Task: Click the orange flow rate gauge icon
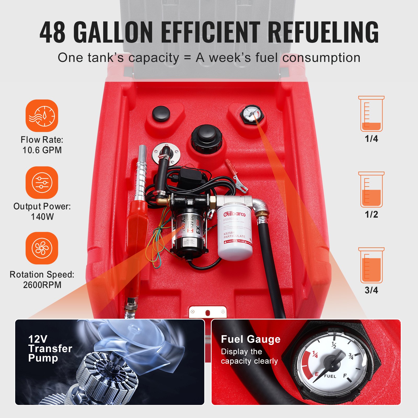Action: click(x=42, y=115)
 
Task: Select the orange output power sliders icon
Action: click(x=42, y=182)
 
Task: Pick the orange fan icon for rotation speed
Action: click(x=42, y=248)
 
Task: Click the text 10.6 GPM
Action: click(x=42, y=150)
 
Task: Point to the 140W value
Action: click(x=42, y=217)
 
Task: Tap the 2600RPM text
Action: click(x=42, y=285)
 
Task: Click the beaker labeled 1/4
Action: click(x=371, y=114)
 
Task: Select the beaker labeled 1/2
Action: click(x=371, y=190)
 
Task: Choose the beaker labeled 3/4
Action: click(x=371, y=265)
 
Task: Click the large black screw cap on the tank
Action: click(x=206, y=138)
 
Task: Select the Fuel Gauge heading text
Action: click(x=251, y=339)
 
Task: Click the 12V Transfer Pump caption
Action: click(x=50, y=349)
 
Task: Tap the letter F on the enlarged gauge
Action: click(x=345, y=376)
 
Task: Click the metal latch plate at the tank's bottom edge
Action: click(x=208, y=312)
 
